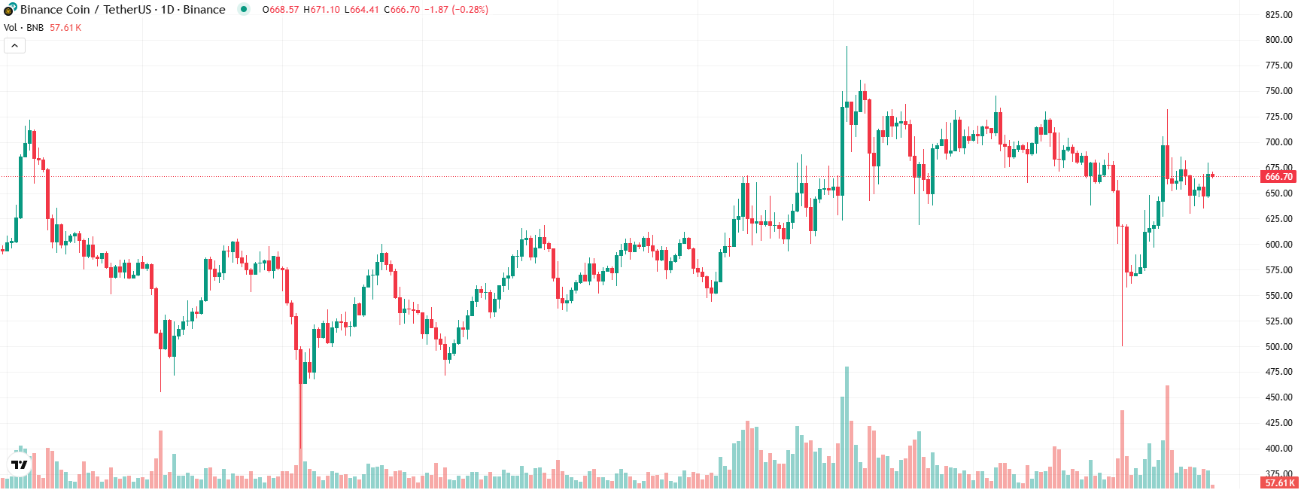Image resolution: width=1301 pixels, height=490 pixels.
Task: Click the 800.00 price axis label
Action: tap(1278, 40)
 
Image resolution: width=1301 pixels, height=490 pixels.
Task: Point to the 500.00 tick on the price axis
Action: tap(1278, 347)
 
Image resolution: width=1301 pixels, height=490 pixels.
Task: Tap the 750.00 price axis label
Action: tap(1278, 91)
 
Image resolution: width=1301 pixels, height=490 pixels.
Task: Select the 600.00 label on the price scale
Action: tap(1278, 245)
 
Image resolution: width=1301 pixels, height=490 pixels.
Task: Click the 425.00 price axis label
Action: tap(1278, 423)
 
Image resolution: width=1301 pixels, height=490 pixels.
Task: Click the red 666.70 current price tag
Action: tap(1278, 177)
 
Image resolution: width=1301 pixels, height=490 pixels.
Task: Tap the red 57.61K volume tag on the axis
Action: tap(1278, 483)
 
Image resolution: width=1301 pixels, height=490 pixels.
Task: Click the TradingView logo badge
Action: tap(19, 464)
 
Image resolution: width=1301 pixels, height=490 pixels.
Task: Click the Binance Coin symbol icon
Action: tap(10, 10)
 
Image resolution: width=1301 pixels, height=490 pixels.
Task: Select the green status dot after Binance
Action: tap(243, 10)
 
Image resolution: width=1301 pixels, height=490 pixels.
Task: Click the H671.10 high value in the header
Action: tap(321, 10)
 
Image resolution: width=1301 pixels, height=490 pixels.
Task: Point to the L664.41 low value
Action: tap(362, 10)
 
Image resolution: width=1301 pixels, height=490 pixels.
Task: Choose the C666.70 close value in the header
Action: tap(402, 10)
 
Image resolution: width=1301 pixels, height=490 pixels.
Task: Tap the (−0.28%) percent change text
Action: tap(470, 10)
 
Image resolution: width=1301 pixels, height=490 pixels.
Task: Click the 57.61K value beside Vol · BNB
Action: tap(65, 28)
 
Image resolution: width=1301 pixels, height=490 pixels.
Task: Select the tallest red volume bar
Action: tap(1167, 437)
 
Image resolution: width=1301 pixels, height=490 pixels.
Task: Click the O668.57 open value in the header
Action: tap(281, 10)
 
